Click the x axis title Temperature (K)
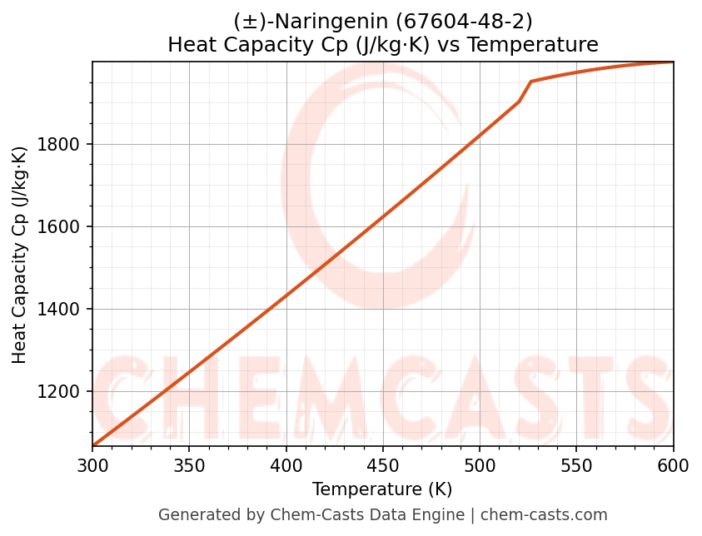[382, 489]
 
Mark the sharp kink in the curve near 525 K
[530, 82]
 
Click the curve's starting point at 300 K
[93, 445]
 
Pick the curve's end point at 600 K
[672, 62]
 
